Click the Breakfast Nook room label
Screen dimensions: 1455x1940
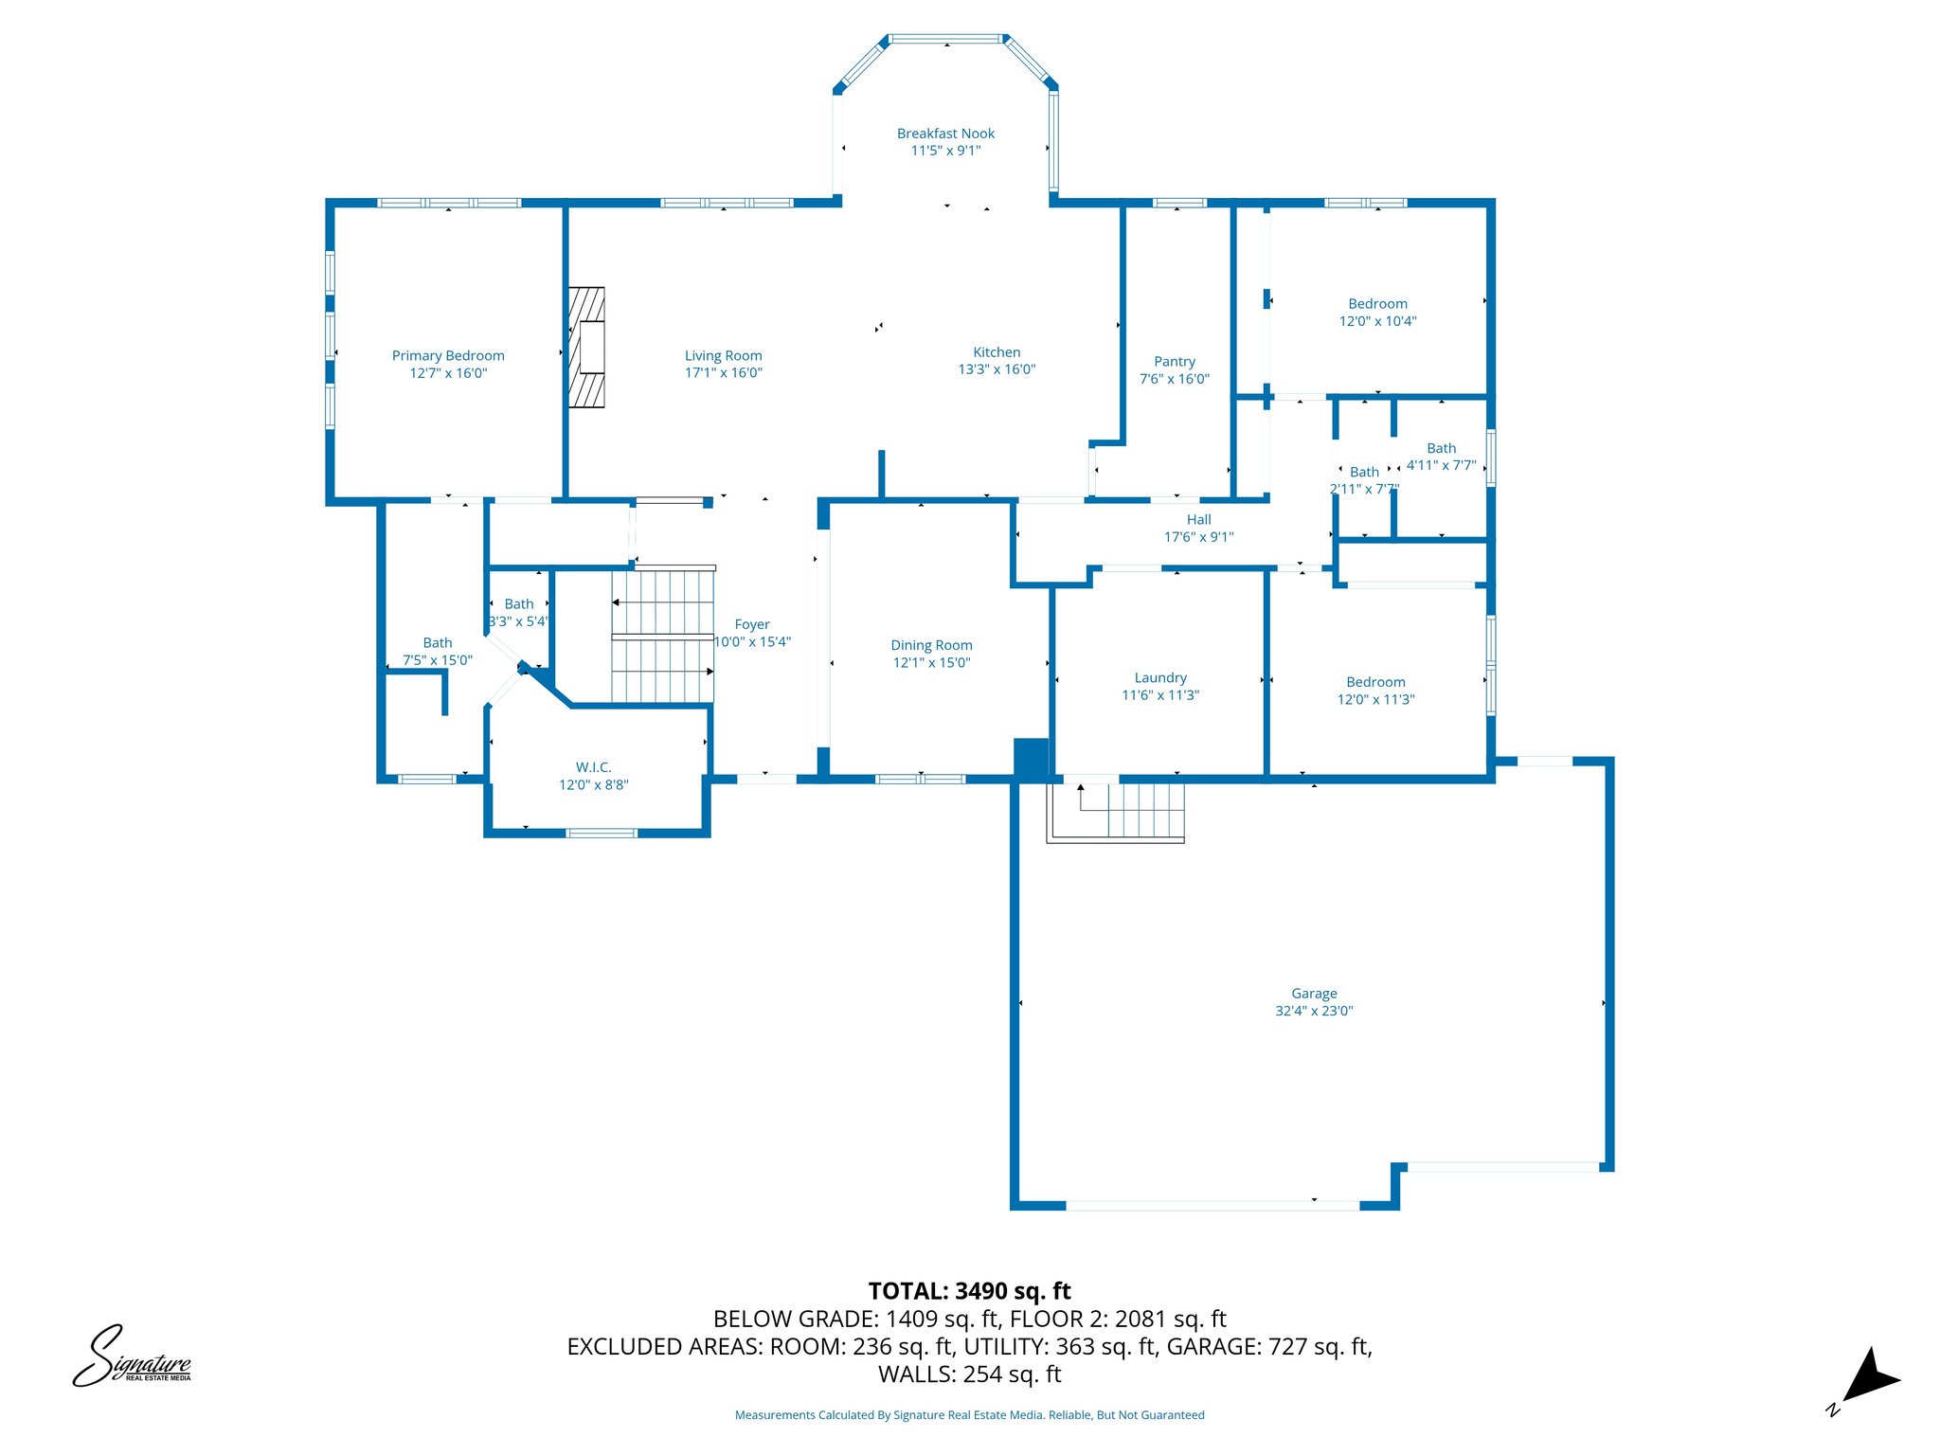945,134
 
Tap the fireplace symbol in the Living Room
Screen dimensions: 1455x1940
586,348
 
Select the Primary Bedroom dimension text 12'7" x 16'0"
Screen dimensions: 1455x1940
448,373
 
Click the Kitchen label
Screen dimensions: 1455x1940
997,352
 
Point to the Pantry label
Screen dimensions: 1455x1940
1174,362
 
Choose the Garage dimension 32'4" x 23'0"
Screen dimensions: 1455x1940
1314,1011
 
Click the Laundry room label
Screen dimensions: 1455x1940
1160,678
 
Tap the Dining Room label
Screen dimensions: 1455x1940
931,645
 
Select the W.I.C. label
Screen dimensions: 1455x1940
593,767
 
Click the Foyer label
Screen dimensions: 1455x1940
752,625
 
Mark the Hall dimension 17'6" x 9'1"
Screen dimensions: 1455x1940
1198,537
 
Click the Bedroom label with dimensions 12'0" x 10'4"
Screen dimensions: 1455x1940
1377,304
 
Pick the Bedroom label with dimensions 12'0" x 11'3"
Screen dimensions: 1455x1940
1375,682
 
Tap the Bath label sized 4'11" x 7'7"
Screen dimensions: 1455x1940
1441,449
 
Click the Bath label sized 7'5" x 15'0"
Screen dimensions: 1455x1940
438,643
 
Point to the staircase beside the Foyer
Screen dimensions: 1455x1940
662,636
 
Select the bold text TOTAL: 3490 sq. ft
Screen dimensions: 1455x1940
969,1291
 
